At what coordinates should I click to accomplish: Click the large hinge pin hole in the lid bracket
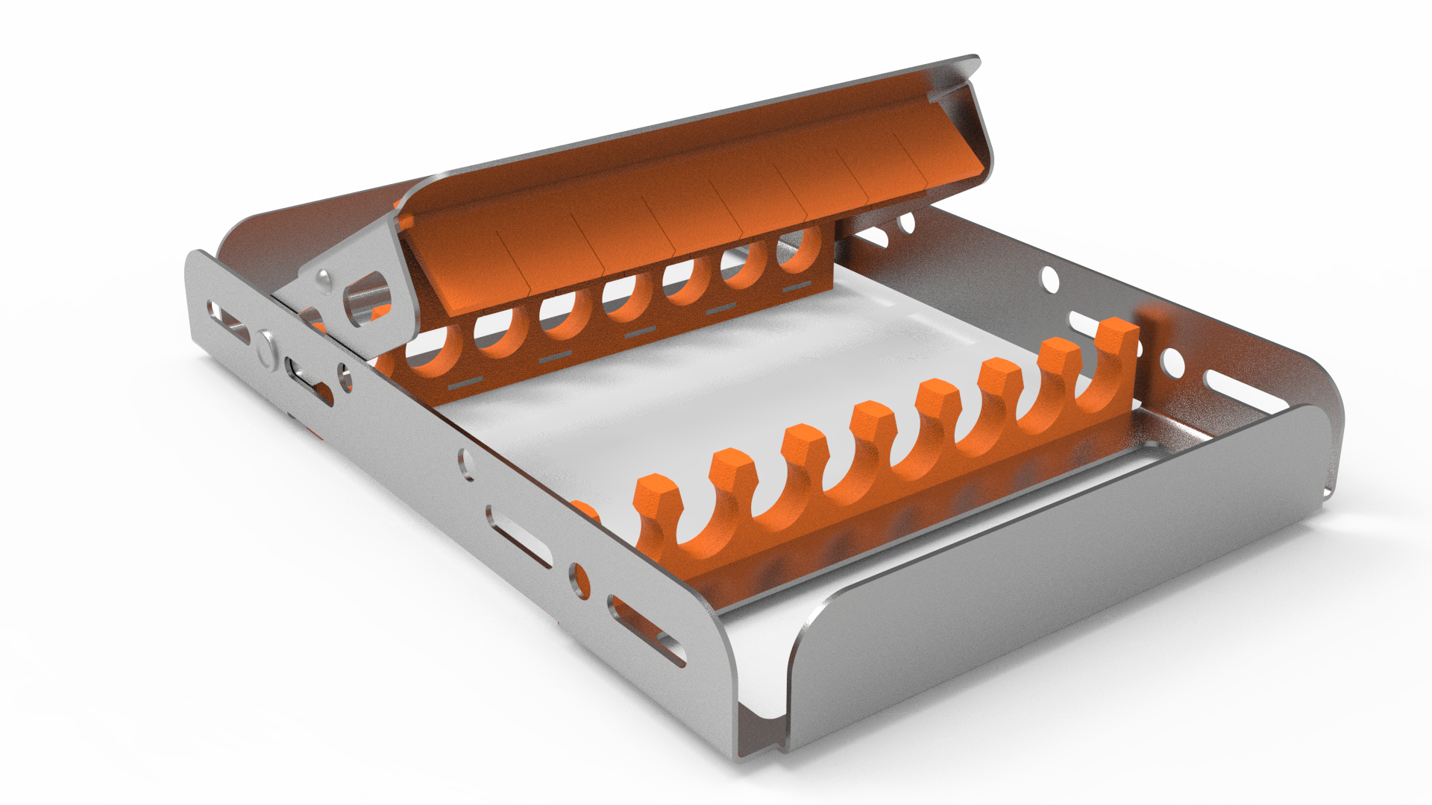click(x=363, y=300)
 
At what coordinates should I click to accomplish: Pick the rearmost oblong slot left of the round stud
click(x=227, y=321)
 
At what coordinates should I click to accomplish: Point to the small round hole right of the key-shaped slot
click(x=345, y=376)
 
